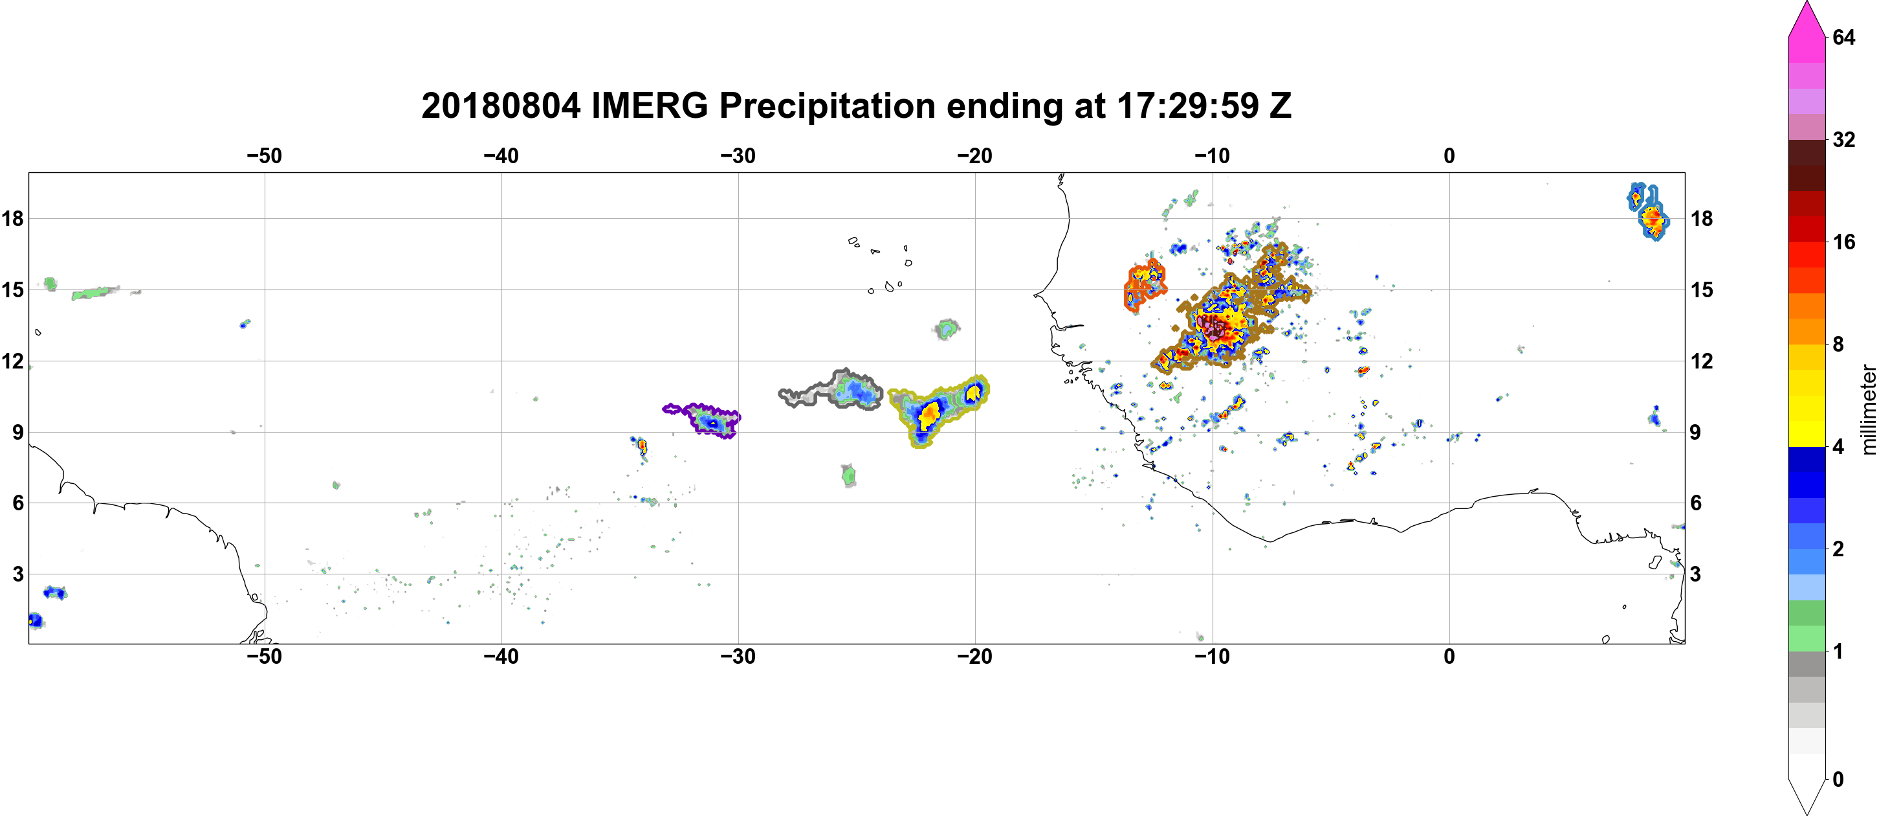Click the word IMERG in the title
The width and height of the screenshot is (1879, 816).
pyautogui.click(x=649, y=106)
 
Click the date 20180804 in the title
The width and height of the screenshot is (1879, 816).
pyautogui.click(x=500, y=106)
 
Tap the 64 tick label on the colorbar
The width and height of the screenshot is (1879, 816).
pyautogui.click(x=1843, y=37)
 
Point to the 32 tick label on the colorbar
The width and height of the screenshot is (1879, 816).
pyautogui.click(x=1843, y=139)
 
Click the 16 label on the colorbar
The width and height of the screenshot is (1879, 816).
pyautogui.click(x=1843, y=242)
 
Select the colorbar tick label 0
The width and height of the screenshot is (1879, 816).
pyautogui.click(x=1838, y=780)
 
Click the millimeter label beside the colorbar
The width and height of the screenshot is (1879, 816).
pyautogui.click(x=1868, y=409)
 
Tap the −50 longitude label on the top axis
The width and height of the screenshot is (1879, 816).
pyautogui.click(x=264, y=155)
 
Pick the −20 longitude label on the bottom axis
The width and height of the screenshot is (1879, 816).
pyautogui.click(x=974, y=657)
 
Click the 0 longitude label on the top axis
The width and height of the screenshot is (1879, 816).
pyautogui.click(x=1449, y=155)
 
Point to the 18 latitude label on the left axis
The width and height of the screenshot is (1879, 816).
pyautogui.click(x=12, y=218)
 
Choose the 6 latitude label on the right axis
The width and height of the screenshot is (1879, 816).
pyautogui.click(x=1696, y=503)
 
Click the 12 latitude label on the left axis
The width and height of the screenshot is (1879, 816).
pyautogui.click(x=12, y=361)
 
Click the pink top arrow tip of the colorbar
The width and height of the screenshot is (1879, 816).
pyautogui.click(x=1807, y=2)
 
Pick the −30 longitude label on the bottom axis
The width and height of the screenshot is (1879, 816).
pyautogui.click(x=738, y=657)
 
